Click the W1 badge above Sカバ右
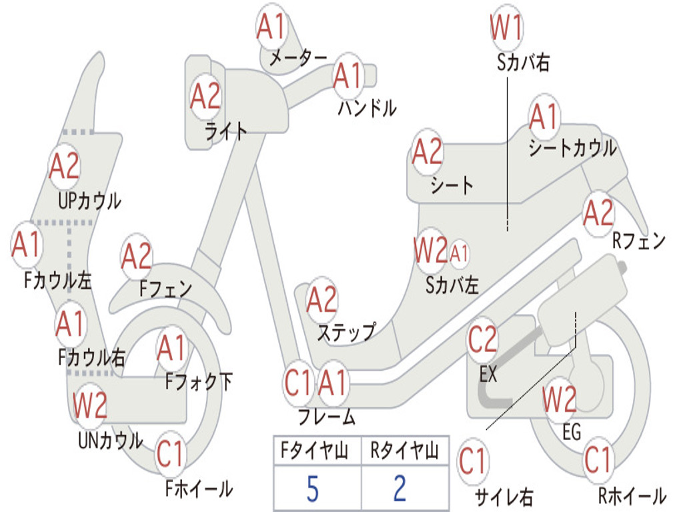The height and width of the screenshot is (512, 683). pos(507,27)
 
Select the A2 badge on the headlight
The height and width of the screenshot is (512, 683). pos(205,96)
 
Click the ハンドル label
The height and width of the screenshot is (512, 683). pos(368,108)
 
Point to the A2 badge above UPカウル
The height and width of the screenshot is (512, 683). pos(65,166)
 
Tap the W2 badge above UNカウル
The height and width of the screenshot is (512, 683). pos(90,405)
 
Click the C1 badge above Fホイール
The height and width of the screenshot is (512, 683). pos(170,454)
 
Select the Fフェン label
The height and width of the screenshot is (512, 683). pos(165,288)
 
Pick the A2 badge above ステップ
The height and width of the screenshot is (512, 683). pos(322,299)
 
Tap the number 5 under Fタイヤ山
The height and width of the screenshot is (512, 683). pos(313,489)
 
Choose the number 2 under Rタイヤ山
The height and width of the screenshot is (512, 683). pos(400,489)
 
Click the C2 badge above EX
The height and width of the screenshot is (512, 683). pos(482,339)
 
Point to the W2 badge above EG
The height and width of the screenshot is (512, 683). pos(560,399)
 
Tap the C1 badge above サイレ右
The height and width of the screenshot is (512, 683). pos(473,461)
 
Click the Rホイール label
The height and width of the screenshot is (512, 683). pos(632,495)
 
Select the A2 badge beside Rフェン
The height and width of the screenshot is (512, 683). pos(598,213)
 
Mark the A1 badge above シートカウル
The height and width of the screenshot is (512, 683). pos(544,117)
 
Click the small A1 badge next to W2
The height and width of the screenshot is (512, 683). pos(459,253)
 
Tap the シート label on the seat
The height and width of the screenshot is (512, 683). pos(452,185)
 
